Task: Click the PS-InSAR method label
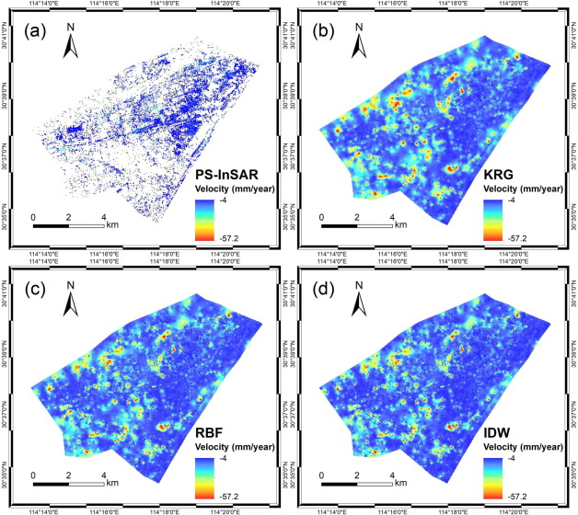[x=230, y=175]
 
